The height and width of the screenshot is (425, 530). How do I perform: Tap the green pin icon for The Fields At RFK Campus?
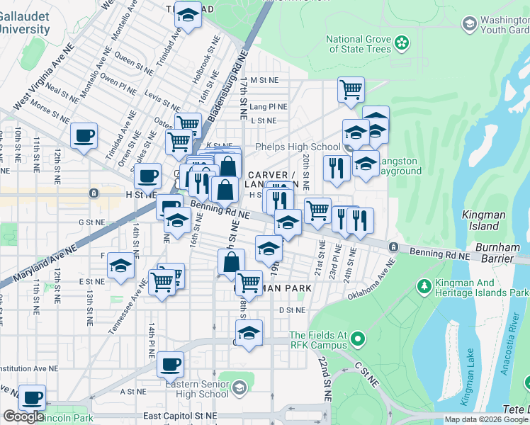tap(357, 340)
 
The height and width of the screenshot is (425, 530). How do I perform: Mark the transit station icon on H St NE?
tap(94, 193)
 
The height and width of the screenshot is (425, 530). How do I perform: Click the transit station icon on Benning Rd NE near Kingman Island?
tap(393, 246)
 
